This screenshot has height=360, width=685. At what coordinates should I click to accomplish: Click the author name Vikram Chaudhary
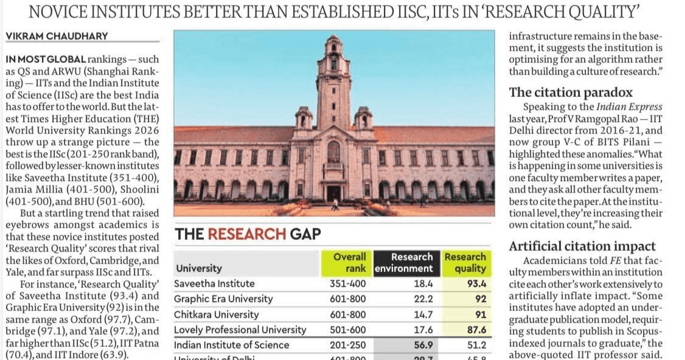(x=57, y=36)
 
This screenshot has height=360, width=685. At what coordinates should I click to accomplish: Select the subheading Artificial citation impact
(x=582, y=246)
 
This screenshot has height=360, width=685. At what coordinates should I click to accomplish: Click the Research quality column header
(x=465, y=262)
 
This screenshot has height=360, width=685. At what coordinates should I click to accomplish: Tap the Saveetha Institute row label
(x=214, y=283)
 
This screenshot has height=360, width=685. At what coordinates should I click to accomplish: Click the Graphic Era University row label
(x=223, y=299)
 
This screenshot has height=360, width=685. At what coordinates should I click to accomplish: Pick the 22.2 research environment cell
(x=420, y=299)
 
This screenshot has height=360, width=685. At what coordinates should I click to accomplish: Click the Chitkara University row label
(x=216, y=314)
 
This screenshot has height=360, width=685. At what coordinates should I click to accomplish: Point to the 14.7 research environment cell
(x=420, y=314)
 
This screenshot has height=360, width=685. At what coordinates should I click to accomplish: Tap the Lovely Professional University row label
(x=240, y=330)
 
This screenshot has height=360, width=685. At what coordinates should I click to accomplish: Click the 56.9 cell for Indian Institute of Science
(x=420, y=345)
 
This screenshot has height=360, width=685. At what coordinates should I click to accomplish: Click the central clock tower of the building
(x=333, y=79)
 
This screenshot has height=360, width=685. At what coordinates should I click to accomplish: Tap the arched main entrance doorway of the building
(x=333, y=193)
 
